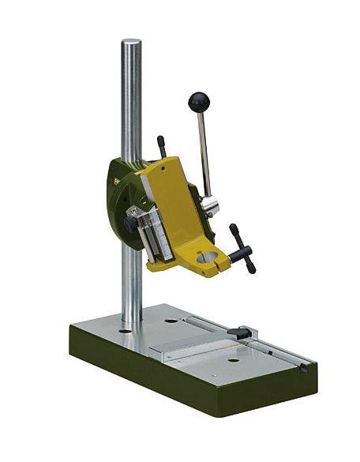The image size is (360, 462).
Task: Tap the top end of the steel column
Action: pyautogui.click(x=132, y=43)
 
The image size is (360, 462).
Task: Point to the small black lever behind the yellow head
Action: pyautogui.click(x=162, y=146)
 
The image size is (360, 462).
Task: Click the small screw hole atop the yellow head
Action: pyautogui.click(x=163, y=168)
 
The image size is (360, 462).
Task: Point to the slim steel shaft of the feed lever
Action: pyautogui.click(x=203, y=150)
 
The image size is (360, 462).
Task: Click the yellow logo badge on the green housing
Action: pyautogui.click(x=118, y=182)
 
